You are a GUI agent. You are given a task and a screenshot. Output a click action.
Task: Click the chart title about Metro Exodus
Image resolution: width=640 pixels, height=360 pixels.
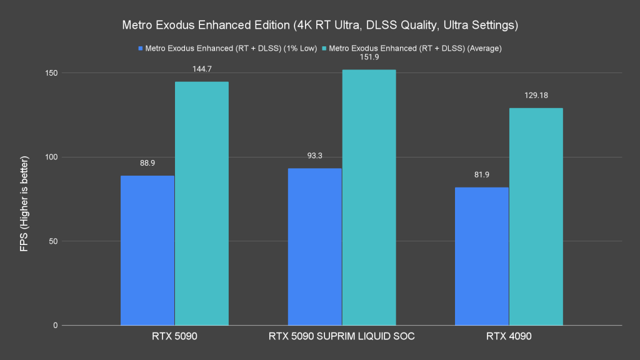point(319,26)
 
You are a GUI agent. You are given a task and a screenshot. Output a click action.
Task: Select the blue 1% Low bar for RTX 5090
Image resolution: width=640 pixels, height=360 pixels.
point(147,250)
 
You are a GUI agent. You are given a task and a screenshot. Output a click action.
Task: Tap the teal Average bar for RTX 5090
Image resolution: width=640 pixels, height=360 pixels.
point(201,203)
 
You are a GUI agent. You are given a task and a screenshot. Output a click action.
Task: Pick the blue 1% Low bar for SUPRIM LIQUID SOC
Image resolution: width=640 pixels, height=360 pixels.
point(314,247)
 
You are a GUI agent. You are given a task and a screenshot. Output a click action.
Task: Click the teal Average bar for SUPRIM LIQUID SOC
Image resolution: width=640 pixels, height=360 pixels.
point(369,197)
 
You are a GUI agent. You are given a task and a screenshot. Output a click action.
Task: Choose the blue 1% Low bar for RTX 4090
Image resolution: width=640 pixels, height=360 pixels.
point(482,256)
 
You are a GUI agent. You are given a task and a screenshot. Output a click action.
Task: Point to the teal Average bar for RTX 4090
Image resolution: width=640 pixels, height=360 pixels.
point(536,216)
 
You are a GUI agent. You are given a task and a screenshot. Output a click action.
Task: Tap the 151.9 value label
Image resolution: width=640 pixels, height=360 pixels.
point(369,57)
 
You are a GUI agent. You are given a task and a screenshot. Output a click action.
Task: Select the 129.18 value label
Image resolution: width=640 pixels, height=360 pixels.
point(536,96)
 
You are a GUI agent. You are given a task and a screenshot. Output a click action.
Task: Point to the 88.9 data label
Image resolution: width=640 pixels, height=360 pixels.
point(148,163)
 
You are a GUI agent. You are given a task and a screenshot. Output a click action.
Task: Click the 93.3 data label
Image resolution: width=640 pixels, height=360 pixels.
point(315,156)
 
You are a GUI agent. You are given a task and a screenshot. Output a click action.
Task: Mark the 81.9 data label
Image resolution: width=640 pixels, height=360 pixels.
point(482,175)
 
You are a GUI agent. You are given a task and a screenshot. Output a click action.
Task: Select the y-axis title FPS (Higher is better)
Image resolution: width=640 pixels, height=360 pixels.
point(24,199)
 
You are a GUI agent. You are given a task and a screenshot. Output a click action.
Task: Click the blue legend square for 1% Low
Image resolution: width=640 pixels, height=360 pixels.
point(141,48)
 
